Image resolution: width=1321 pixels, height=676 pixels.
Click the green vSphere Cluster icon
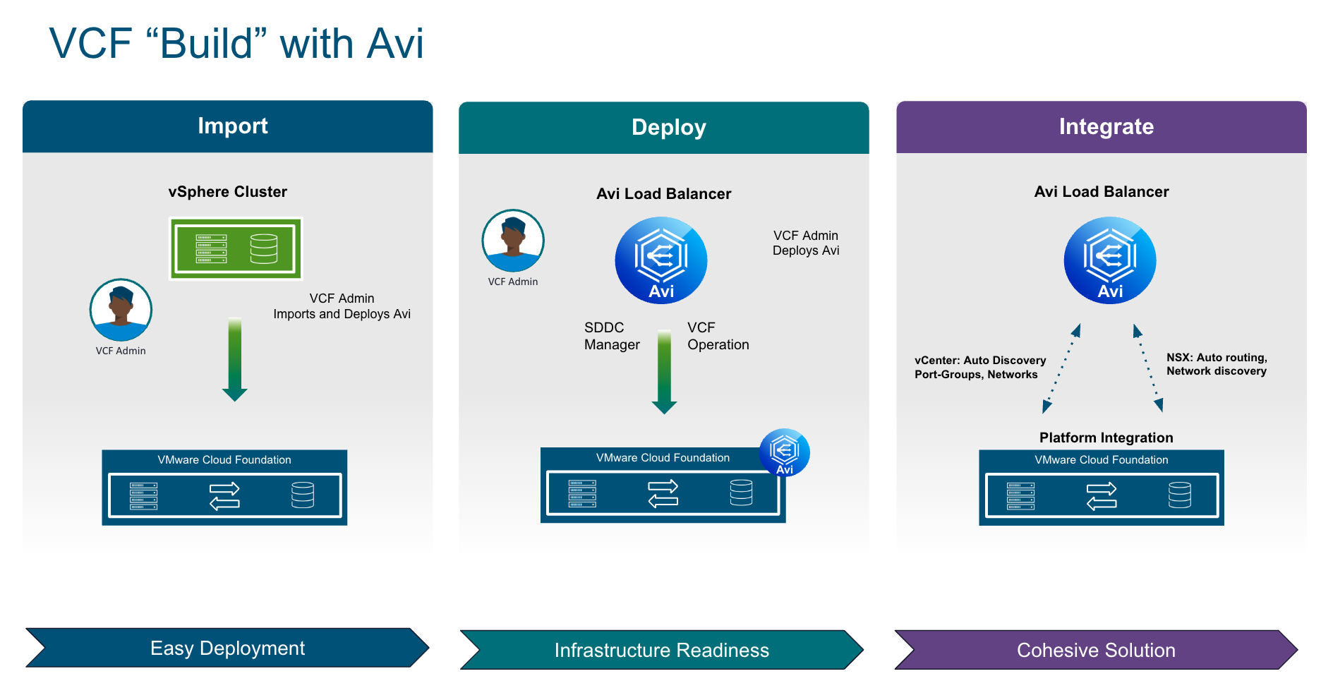coord(236,248)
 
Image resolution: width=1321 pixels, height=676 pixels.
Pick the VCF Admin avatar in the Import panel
coord(121,310)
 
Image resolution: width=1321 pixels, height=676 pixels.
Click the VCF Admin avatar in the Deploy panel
coord(513,241)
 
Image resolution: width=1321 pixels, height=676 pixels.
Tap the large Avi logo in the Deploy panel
coord(661,260)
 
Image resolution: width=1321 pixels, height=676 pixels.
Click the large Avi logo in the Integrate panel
coord(1110,260)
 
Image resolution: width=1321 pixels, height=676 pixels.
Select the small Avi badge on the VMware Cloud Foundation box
coord(784,452)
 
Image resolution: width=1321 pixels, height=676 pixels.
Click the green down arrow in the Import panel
coord(235,360)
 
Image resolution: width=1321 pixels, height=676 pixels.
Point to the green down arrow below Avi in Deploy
coord(664,372)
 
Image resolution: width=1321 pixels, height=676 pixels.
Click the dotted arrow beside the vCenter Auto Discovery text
coord(1061,368)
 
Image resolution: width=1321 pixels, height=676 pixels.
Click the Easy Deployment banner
coord(227,648)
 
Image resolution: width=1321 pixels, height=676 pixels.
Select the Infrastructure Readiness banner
coord(661,650)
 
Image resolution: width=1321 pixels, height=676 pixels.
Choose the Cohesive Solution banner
coord(1096,650)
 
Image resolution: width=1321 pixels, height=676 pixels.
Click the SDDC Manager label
coord(611,336)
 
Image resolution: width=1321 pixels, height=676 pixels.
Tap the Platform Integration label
coord(1106,437)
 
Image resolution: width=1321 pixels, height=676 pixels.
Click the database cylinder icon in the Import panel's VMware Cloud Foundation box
coord(303,495)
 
